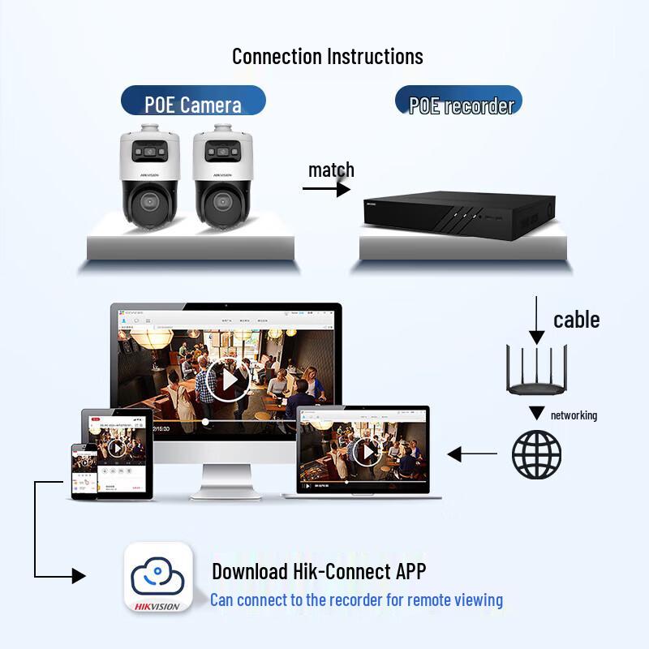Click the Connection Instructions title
tap(327, 56)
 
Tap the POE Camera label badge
tap(193, 103)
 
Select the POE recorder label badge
tap(460, 105)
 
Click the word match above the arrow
tap(331, 170)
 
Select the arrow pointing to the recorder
tap(326, 189)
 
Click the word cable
tap(576, 320)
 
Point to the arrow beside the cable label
tap(536, 320)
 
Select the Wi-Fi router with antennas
tap(536, 369)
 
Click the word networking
tap(574, 415)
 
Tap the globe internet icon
tap(536, 454)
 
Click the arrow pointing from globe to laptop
tap(473, 454)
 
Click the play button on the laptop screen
tap(367, 451)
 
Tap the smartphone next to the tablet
tap(84, 471)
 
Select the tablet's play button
tap(116, 447)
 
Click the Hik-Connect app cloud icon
tap(158, 576)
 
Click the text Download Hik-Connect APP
tap(319, 571)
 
